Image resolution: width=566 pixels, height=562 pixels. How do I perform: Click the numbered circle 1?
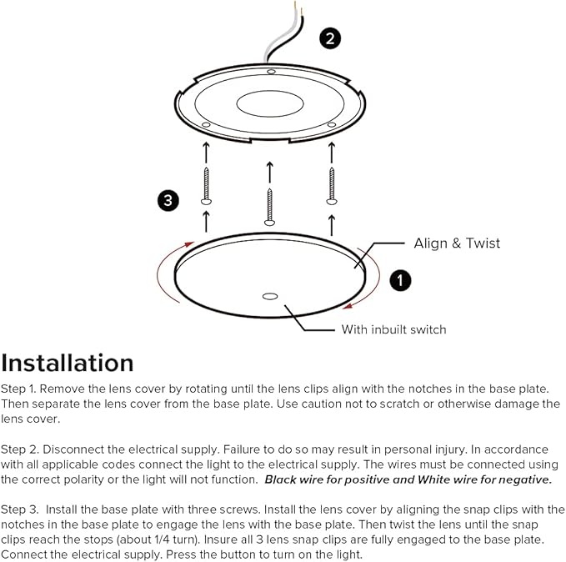400,280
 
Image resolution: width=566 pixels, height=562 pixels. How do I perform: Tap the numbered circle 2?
330,38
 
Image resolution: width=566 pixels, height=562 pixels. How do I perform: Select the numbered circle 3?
168,200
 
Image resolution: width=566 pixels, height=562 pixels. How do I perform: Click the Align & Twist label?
457,243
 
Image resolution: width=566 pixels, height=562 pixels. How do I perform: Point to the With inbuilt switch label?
393,329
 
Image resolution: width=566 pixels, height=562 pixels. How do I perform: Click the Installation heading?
68,363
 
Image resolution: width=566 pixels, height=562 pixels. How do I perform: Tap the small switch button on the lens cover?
270,297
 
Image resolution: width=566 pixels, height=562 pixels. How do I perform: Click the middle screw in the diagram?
269,207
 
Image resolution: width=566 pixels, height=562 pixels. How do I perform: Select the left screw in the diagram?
206,187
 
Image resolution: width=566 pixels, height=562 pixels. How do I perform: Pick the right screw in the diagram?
332,187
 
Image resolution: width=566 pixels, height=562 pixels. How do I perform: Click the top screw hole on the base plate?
271,72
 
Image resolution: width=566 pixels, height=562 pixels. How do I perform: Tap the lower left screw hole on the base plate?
206,124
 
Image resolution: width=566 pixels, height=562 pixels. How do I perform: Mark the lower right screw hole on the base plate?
332,124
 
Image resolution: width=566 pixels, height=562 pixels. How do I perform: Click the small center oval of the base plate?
270,104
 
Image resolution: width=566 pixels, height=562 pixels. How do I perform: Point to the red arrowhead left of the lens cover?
189,244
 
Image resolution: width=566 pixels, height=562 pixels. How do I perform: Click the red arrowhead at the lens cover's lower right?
348,306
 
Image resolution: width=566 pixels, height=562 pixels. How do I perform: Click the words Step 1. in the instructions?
18,389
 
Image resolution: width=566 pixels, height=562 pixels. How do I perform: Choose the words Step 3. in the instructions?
19,509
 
